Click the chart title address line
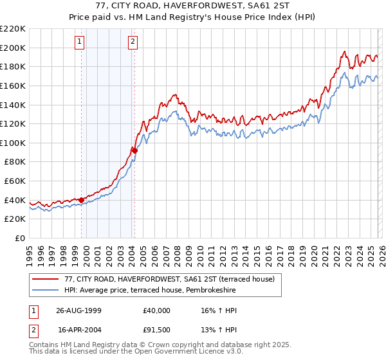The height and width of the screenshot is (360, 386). (x=193, y=6)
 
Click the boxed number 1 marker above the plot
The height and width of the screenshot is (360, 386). (x=79, y=42)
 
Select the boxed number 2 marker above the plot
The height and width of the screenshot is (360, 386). (x=133, y=42)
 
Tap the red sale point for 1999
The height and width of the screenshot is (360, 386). (x=82, y=200)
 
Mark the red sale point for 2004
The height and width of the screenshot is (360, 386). (x=134, y=151)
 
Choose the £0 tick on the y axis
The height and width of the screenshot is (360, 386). (x=19, y=238)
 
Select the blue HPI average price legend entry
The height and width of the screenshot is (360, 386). (x=150, y=291)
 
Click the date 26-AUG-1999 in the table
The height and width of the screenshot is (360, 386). (x=78, y=310)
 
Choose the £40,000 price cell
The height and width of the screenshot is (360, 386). (x=157, y=310)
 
